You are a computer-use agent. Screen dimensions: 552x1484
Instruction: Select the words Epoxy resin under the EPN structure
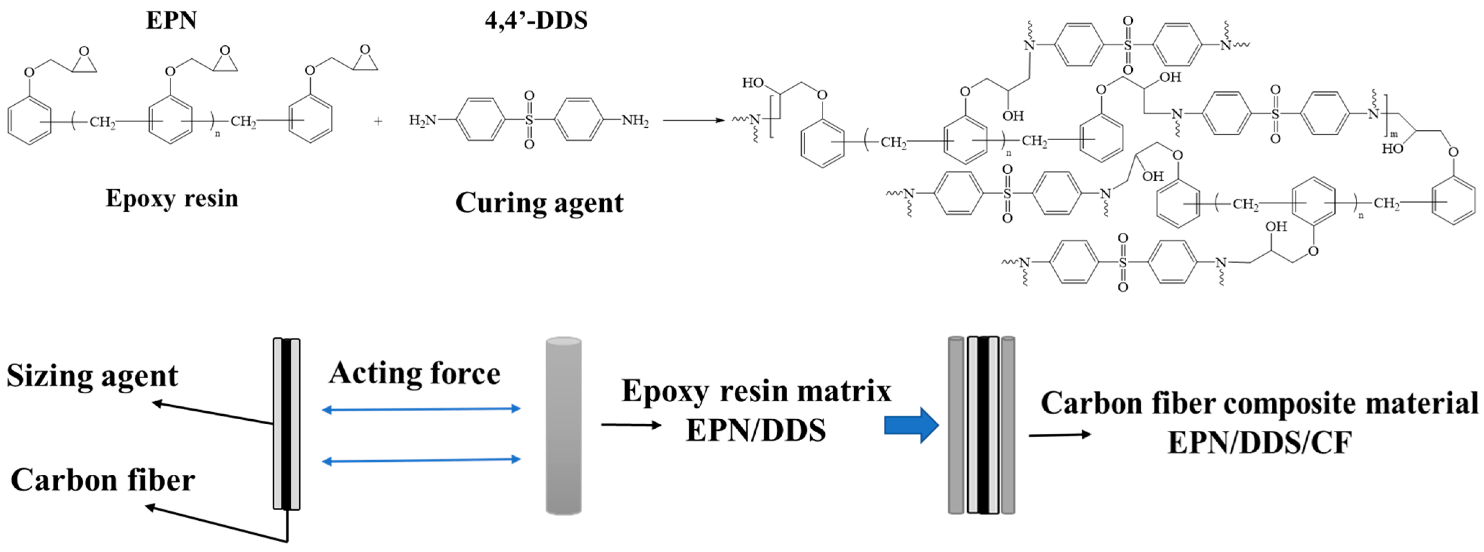[172, 198]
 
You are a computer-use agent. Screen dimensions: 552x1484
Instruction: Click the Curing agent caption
[539, 202]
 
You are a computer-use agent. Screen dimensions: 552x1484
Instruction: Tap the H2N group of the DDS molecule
[422, 120]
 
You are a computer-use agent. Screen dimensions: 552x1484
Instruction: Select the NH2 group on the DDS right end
[635, 120]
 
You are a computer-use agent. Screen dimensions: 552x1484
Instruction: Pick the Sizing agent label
[92, 376]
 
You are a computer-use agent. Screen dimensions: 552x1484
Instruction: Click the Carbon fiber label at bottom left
[103, 480]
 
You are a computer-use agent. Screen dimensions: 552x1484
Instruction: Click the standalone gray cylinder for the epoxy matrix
[564, 426]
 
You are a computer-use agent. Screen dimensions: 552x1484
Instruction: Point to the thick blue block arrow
[911, 425]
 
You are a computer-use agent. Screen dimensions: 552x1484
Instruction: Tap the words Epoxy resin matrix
[756, 391]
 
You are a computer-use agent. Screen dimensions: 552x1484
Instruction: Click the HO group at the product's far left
[752, 83]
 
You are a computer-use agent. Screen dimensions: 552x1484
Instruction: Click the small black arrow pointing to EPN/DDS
[631, 425]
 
